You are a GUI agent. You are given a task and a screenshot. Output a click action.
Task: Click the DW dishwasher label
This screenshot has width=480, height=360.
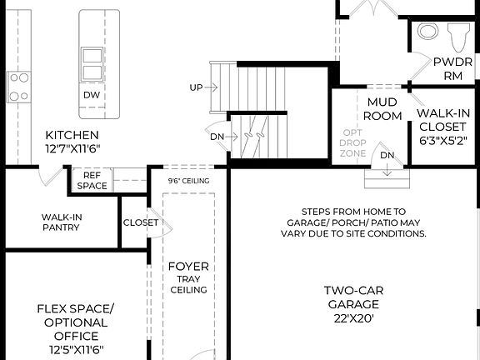92,95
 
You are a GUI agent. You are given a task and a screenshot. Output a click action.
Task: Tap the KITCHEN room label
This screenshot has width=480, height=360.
72,135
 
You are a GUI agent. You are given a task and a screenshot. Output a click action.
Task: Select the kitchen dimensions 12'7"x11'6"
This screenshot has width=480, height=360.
72,150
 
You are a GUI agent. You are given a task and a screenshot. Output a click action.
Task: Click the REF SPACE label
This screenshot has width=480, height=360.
92,180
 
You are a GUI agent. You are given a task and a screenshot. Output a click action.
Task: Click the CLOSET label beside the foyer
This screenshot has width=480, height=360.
140,222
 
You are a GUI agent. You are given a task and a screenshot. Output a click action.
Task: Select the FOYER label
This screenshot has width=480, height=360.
188,267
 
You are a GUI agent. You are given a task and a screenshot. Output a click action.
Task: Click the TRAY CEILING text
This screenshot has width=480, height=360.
188,284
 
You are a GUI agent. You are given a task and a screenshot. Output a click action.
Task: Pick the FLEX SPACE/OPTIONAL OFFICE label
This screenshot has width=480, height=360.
72,322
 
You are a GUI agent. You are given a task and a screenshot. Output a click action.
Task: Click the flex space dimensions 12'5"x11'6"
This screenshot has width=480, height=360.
72,351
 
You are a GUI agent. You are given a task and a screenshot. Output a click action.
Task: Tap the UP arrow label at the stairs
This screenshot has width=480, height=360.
197,87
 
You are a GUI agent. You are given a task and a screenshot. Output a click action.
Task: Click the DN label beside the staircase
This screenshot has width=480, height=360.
216,137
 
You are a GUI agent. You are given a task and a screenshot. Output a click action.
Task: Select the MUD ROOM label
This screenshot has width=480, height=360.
384,109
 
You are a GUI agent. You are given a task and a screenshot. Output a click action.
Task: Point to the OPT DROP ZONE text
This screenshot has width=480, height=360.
354,142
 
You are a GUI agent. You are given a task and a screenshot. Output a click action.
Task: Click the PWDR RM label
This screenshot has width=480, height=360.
452,69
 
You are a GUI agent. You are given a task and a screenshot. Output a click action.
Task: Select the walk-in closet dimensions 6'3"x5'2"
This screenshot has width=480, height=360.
443,141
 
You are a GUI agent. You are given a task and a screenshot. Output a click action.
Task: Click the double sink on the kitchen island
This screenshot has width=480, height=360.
92,62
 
